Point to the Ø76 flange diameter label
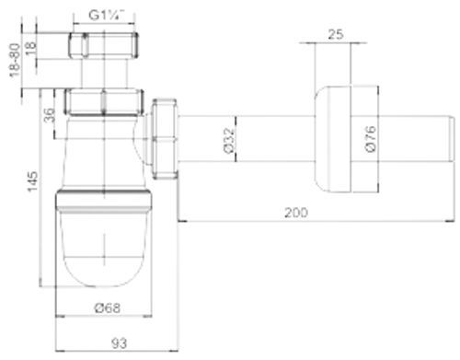click(x=368, y=138)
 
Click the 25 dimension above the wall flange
click(x=332, y=36)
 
